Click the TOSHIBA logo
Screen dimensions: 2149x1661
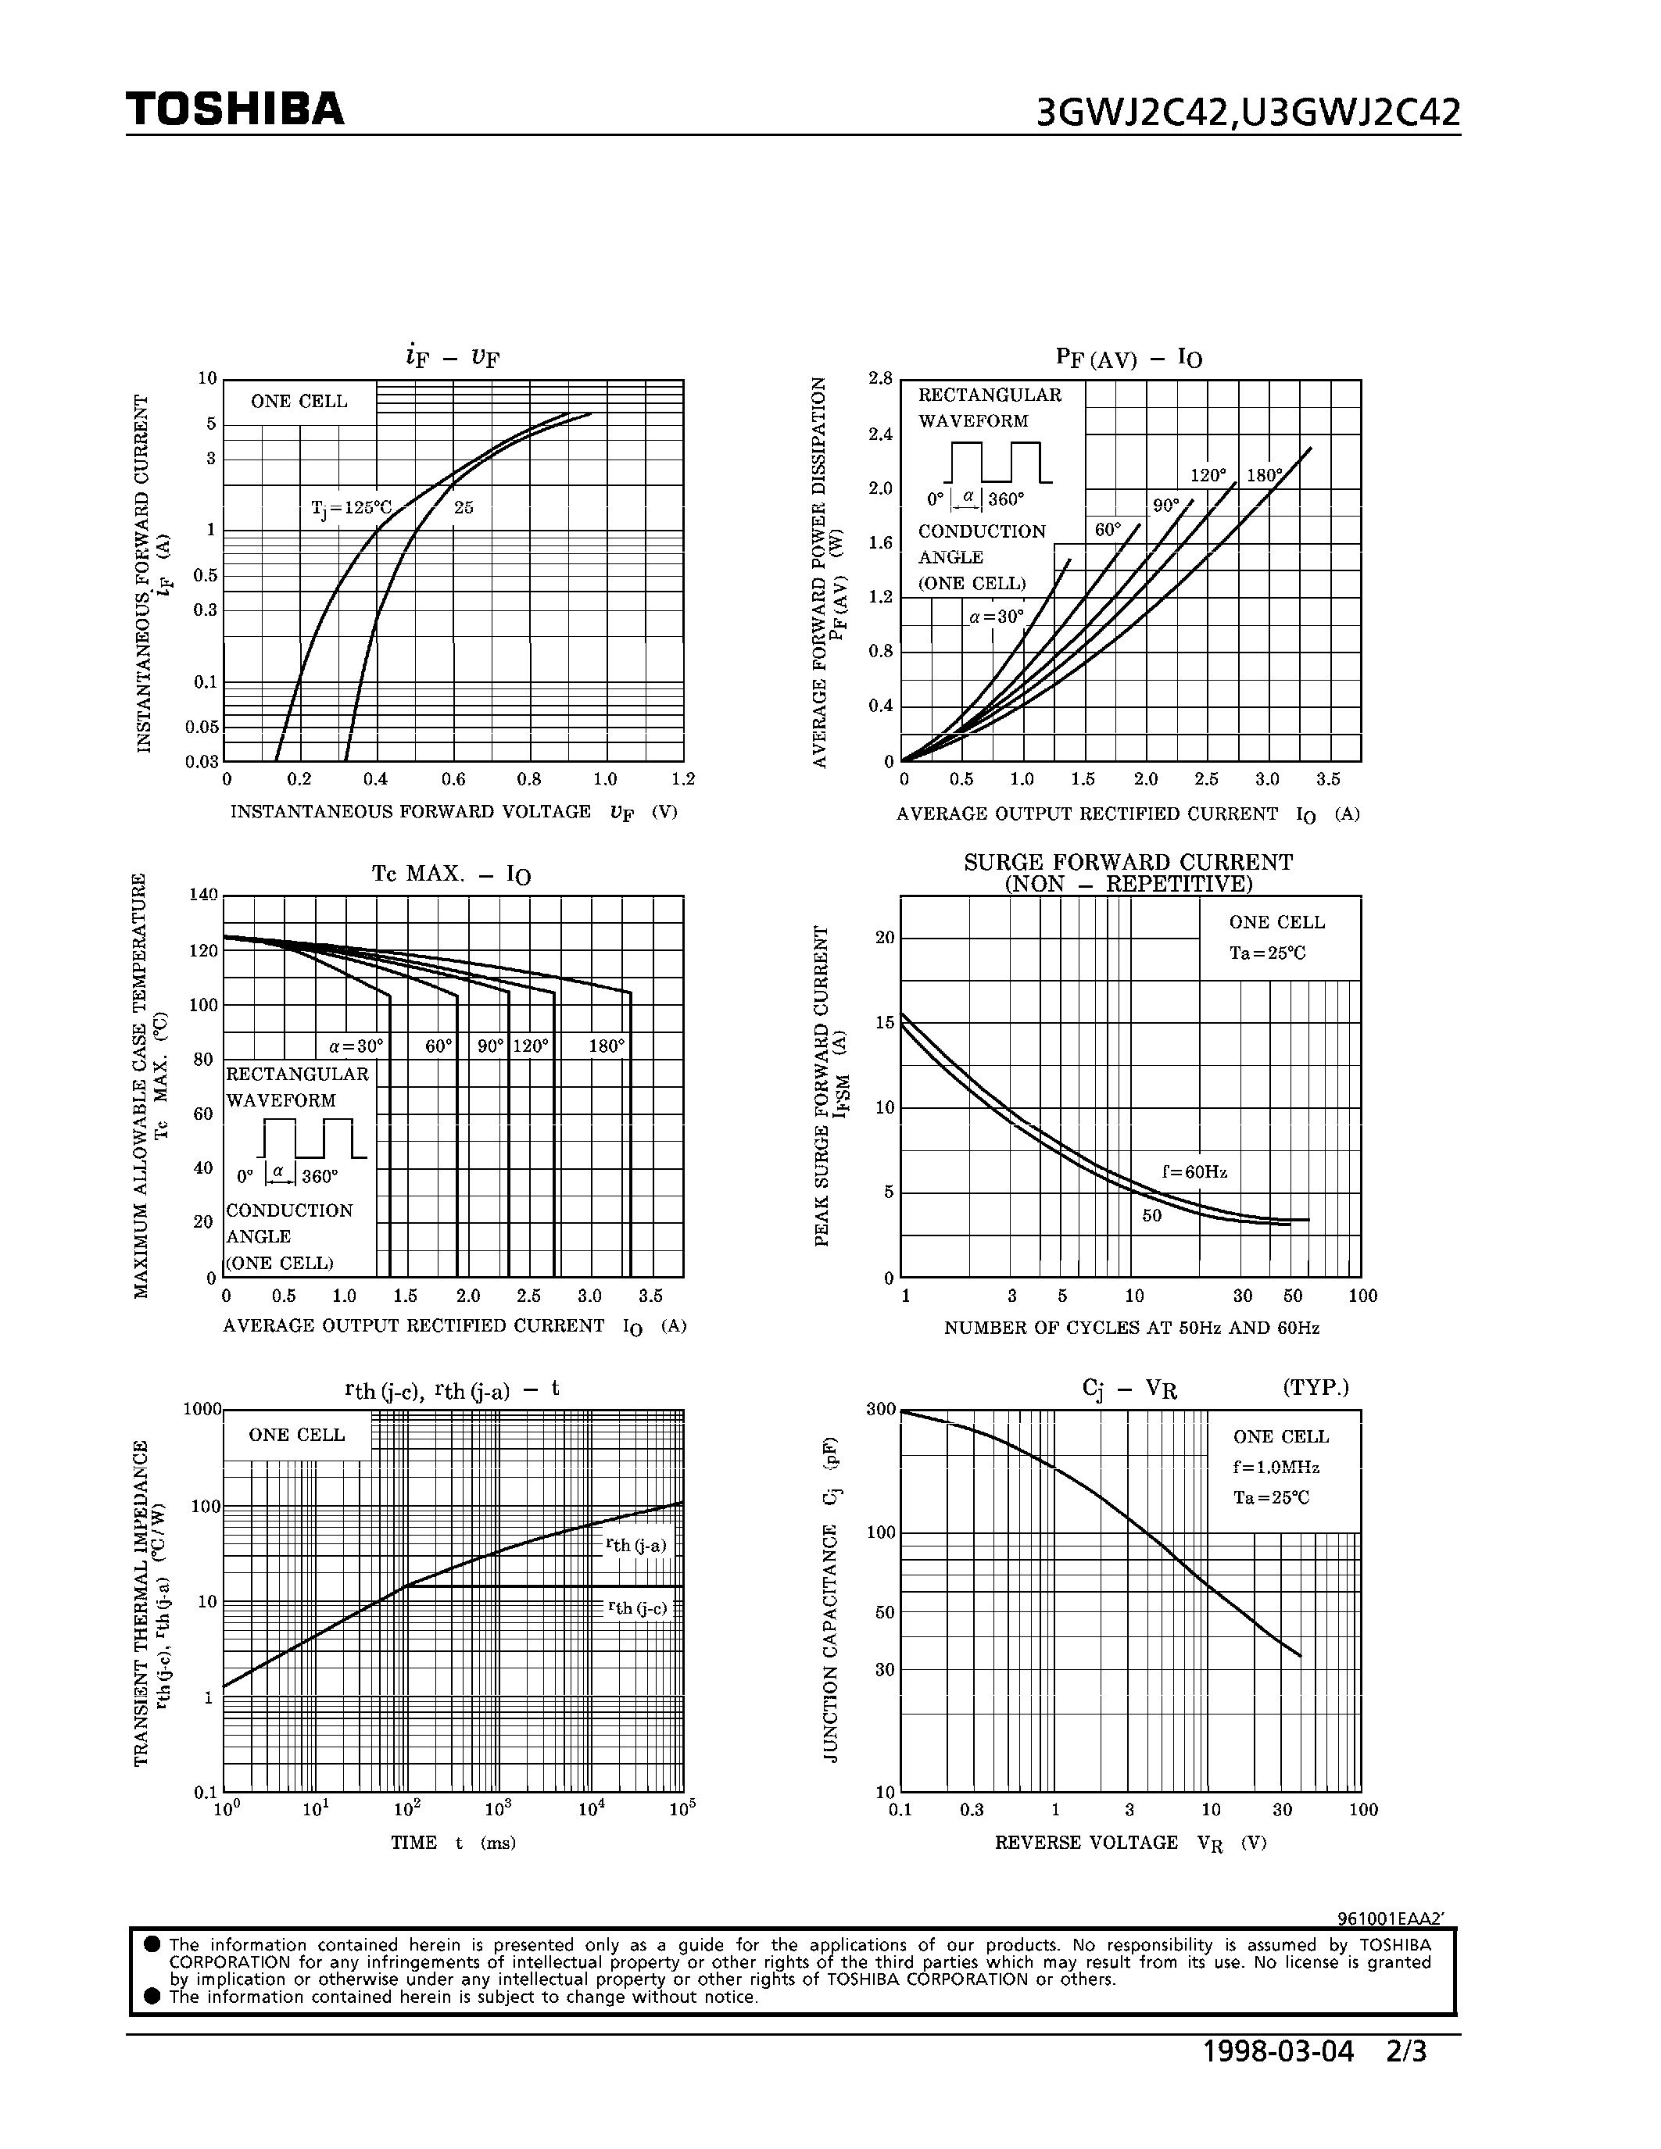[x=234, y=109]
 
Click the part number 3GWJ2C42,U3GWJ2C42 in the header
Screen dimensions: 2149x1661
[x=1248, y=114]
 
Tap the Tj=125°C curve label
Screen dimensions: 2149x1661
[x=351, y=508]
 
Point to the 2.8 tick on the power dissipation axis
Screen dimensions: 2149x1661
[x=879, y=379]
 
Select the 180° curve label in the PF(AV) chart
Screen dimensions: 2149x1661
[x=1265, y=475]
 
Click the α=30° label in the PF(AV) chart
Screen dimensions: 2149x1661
[x=996, y=617]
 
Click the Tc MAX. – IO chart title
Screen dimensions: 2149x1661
[x=451, y=874]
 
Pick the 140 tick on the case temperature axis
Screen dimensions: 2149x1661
[x=202, y=895]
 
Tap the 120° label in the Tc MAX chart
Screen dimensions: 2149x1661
[x=531, y=1046]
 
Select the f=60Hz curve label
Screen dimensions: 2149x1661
[x=1194, y=1172]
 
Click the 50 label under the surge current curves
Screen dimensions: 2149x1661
[x=1151, y=1215]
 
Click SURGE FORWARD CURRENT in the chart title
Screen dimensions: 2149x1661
[x=1128, y=862]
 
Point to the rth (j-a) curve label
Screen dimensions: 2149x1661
[x=636, y=1545]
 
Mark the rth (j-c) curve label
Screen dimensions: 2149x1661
[x=636, y=1607]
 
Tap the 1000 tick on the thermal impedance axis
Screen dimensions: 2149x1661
[x=202, y=1409]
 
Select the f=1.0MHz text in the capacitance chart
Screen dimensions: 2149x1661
[x=1276, y=1467]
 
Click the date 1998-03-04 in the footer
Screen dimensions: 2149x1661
[x=1278, y=2053]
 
